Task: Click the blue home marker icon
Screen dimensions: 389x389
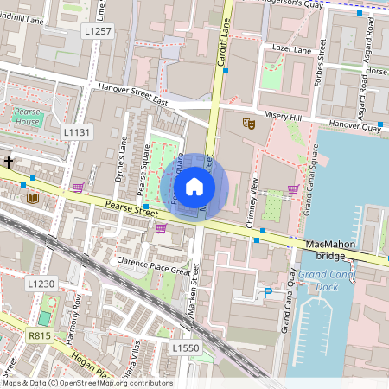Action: click(194, 187)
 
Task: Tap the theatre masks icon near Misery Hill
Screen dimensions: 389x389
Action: click(248, 124)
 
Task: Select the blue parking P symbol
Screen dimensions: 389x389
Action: click(268, 294)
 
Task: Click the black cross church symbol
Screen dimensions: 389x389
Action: click(9, 162)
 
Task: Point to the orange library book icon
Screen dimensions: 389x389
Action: click(34, 199)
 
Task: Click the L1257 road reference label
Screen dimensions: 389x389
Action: click(98, 30)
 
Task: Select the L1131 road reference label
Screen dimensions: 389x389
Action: click(76, 131)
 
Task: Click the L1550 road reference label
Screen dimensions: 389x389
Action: click(185, 348)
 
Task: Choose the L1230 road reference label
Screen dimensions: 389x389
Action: click(41, 284)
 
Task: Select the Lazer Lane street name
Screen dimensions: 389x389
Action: click(290, 50)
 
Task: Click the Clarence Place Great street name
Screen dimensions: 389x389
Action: click(153, 264)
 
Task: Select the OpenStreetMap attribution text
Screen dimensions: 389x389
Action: click(86, 383)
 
